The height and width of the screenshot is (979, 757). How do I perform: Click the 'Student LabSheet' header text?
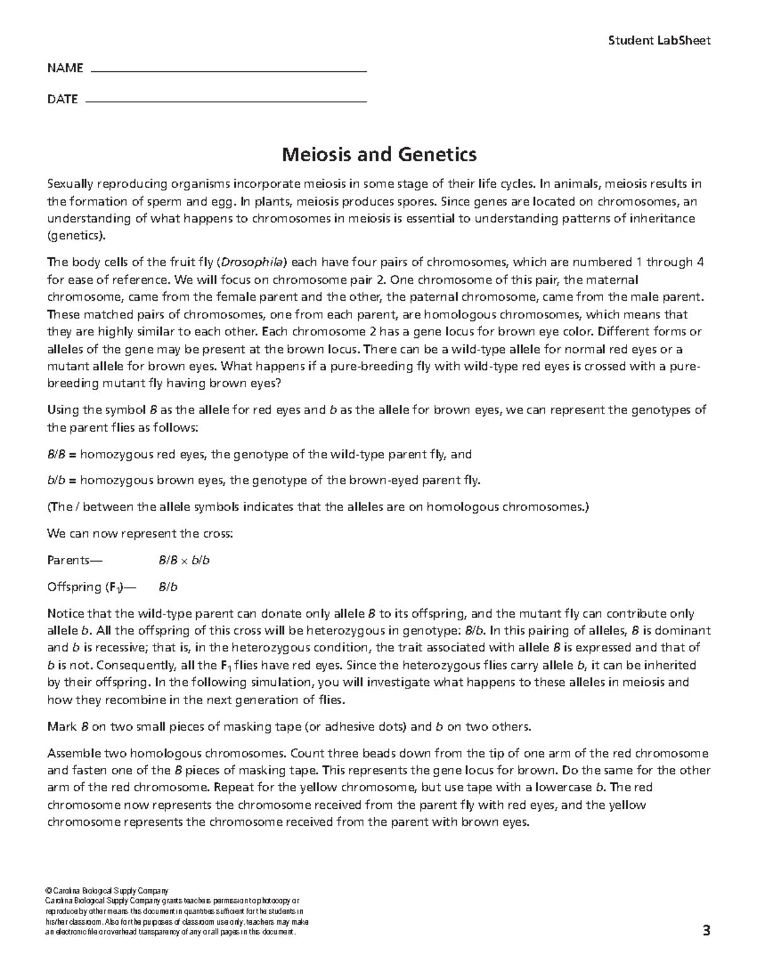pos(659,41)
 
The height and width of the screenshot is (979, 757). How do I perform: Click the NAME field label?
pos(65,68)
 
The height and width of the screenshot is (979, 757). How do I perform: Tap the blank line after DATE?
pos(225,100)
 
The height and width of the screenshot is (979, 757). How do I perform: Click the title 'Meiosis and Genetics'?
pos(378,154)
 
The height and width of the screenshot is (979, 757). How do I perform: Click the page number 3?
pos(706,930)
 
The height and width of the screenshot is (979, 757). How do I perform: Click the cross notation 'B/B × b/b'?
pos(184,560)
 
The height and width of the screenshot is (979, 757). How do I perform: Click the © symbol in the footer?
pos(50,891)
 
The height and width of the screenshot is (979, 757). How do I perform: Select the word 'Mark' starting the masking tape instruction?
pos(62,727)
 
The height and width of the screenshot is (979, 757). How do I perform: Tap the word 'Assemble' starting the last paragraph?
pos(74,753)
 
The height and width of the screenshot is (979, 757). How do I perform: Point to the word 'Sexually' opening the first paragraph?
pos(71,184)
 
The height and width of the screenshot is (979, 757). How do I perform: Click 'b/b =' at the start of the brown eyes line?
pos(62,481)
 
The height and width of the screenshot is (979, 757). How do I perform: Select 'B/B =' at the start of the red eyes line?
pos(62,455)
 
